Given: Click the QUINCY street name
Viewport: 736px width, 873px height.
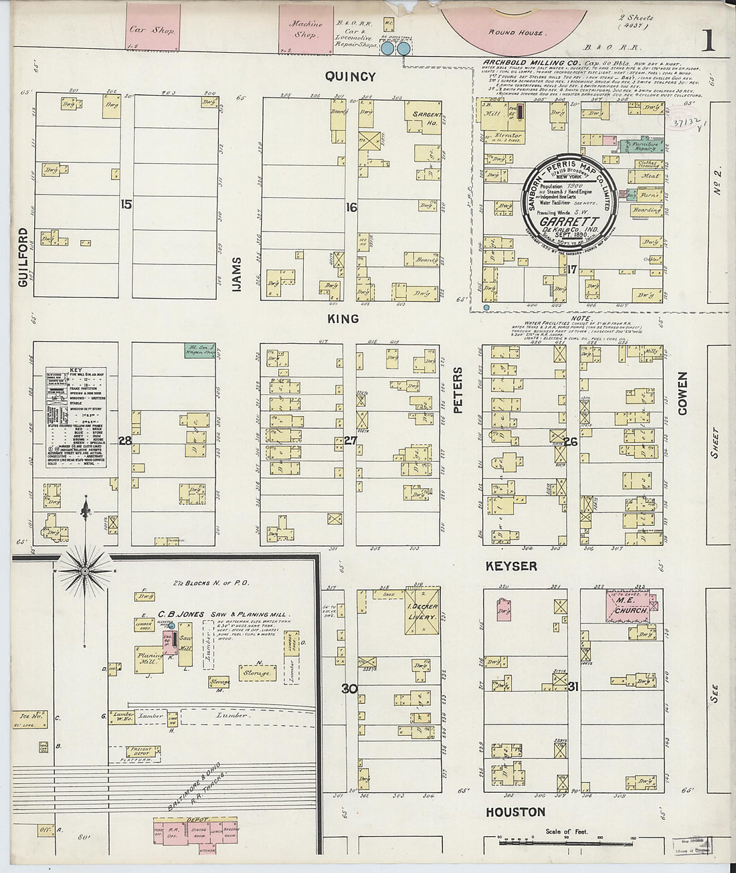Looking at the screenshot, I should tap(350, 76).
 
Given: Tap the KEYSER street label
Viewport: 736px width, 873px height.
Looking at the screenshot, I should tap(511, 566).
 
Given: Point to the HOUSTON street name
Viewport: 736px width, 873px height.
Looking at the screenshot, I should tap(515, 812).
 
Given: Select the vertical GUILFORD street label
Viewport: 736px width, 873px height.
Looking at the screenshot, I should tap(24, 258).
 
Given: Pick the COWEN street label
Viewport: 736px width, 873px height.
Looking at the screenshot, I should tap(682, 393).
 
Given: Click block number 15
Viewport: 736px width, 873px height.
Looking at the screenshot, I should tap(126, 205).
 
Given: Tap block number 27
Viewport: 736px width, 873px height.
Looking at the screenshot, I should tap(350, 440).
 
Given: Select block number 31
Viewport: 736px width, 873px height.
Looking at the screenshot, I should tap(573, 687).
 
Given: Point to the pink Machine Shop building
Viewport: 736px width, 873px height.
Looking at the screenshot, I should tap(306, 28).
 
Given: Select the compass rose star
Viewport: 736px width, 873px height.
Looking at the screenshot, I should tap(85, 571).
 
